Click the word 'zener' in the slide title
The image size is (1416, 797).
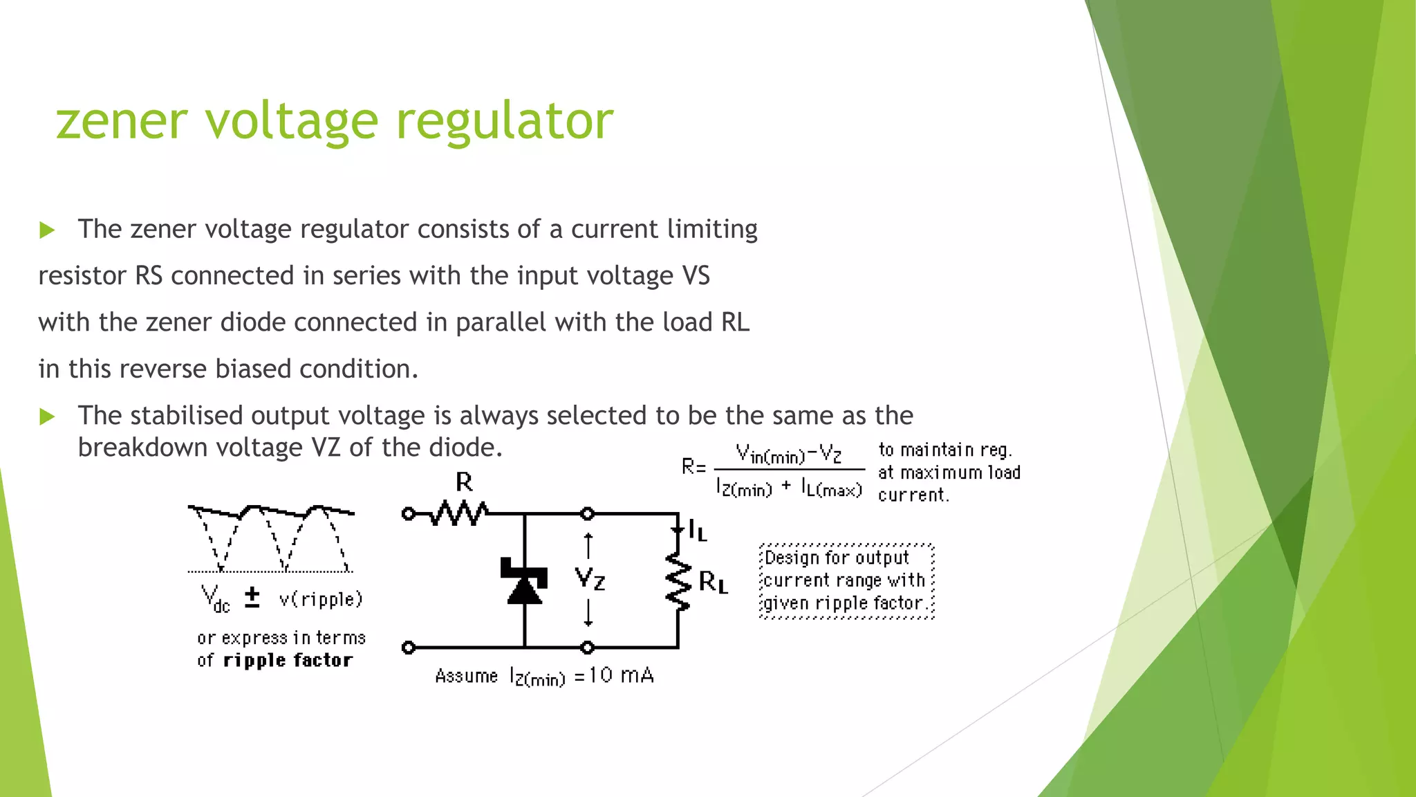(x=121, y=121)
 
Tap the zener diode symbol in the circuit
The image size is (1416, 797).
(x=524, y=581)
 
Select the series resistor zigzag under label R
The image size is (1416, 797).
(x=458, y=514)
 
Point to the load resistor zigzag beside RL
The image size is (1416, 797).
(x=678, y=581)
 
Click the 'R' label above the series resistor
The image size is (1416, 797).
(x=464, y=482)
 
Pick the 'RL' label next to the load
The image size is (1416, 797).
(x=714, y=582)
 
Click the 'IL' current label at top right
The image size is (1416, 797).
(x=697, y=531)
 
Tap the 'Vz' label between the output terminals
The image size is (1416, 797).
(x=590, y=578)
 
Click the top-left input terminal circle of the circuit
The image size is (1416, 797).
(x=409, y=514)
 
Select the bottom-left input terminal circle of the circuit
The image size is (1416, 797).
(x=409, y=648)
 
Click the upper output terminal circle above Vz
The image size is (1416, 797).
(x=588, y=514)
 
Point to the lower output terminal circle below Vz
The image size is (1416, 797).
(x=588, y=648)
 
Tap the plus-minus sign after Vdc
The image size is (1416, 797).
(x=252, y=597)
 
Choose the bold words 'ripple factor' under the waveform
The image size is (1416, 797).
(x=288, y=661)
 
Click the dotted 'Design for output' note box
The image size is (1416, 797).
(x=846, y=580)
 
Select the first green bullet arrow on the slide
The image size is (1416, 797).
(x=47, y=230)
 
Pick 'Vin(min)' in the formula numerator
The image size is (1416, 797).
(x=770, y=455)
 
